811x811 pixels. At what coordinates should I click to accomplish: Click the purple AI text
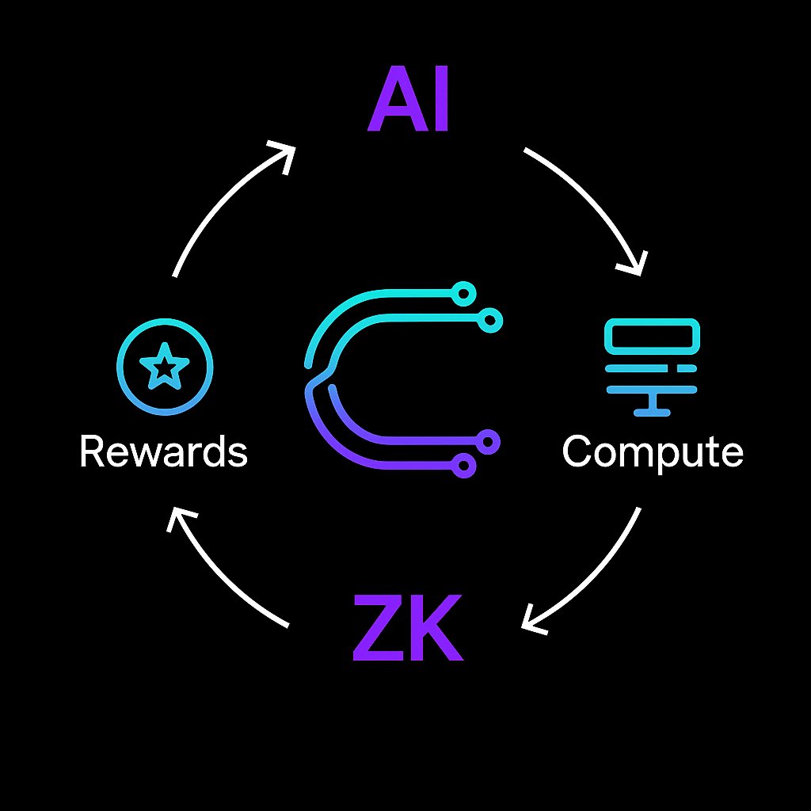tap(408, 99)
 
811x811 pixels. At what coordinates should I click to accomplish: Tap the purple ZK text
tap(408, 627)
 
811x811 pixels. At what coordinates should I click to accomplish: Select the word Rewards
tap(164, 451)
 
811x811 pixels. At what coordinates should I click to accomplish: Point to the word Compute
tap(653, 452)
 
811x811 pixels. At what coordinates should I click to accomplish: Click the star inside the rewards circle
tap(165, 366)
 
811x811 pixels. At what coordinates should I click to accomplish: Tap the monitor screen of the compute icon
tap(653, 337)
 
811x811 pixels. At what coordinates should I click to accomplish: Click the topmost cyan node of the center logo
tap(463, 294)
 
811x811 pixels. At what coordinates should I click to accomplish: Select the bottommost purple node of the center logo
tap(463, 466)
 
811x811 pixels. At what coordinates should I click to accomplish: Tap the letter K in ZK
tap(437, 627)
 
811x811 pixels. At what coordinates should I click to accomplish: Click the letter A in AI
tap(398, 99)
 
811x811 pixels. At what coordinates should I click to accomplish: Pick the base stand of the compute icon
tap(653, 413)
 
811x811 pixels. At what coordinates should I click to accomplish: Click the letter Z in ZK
tap(379, 627)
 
